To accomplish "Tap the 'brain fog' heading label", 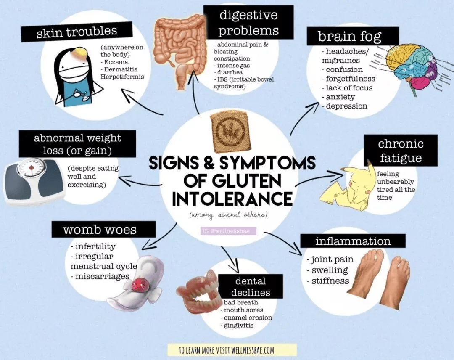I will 350,36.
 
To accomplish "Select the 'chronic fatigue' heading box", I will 400,151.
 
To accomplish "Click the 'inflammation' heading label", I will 353,241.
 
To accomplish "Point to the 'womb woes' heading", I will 100,230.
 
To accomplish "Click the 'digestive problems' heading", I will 248,23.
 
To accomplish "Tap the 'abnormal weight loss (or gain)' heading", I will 77,144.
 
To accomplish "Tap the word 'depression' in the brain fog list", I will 346,106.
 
